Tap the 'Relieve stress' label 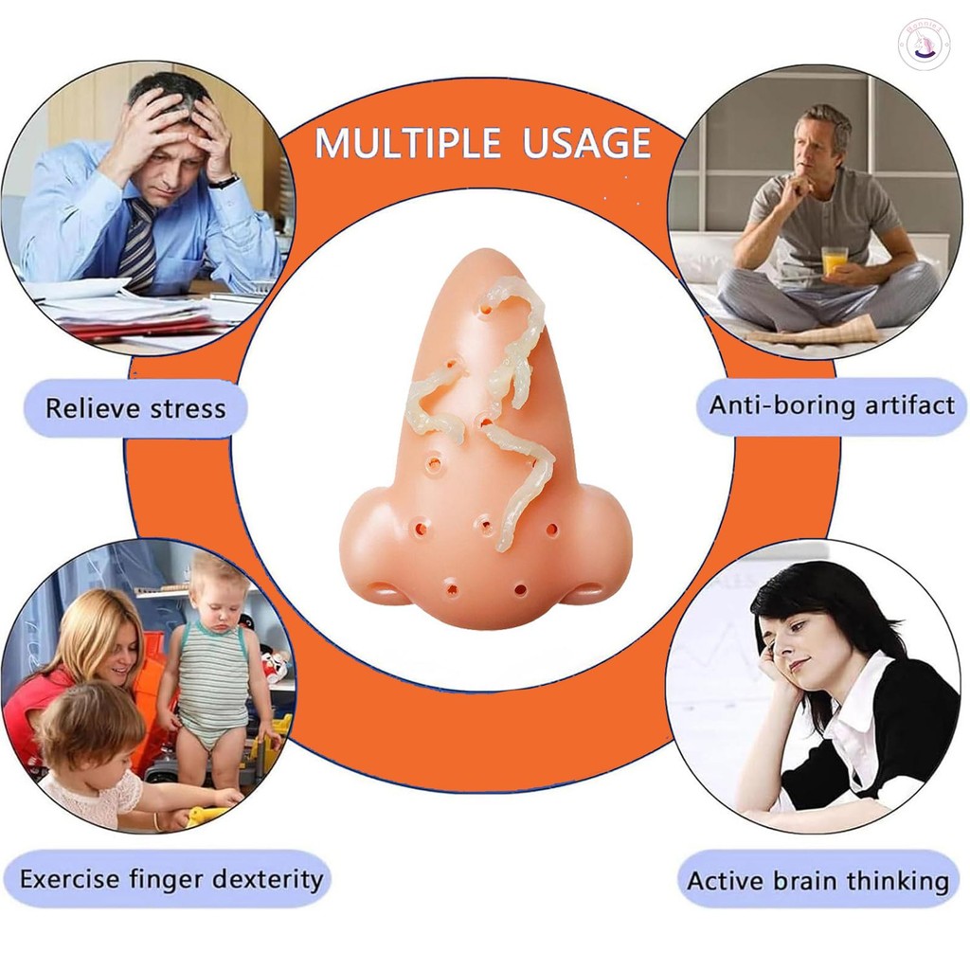tap(135, 409)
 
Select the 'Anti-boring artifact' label tap(832, 405)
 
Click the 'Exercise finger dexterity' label tap(171, 879)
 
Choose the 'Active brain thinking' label tap(817, 881)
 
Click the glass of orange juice tap(835, 260)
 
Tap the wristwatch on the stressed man tap(224, 179)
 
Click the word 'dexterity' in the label tap(269, 879)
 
